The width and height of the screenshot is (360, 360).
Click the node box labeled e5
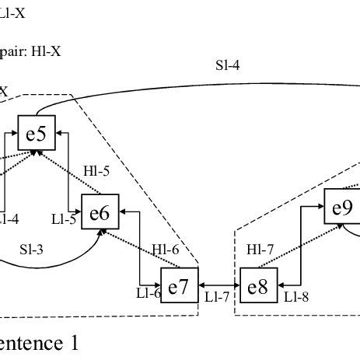click(x=36, y=134)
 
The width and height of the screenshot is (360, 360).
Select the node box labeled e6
click(x=100, y=212)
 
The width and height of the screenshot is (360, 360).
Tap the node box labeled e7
click(x=179, y=286)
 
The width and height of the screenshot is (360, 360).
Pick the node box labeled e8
click(x=257, y=286)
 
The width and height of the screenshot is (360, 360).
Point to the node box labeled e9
click(x=342, y=208)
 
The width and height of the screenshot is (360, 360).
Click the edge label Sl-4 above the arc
click(x=227, y=66)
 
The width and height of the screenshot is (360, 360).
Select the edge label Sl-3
click(x=31, y=250)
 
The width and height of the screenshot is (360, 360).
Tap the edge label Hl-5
click(x=95, y=170)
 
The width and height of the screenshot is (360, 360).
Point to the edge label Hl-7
click(x=259, y=250)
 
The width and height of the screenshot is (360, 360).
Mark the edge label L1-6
click(x=148, y=293)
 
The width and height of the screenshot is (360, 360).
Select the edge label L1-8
click(x=296, y=296)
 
